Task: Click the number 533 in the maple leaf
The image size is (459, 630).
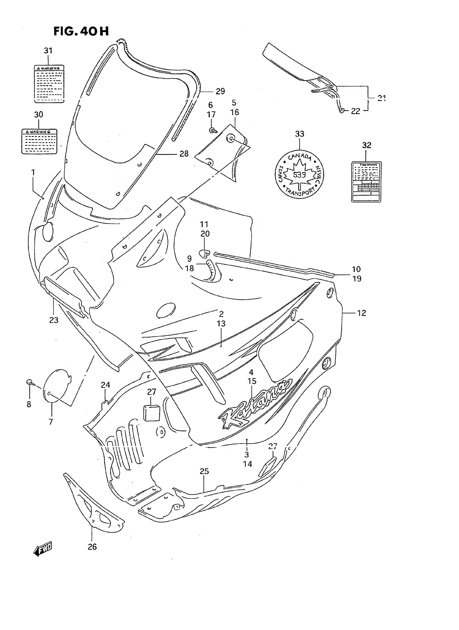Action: (x=299, y=175)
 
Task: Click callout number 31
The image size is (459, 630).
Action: (x=48, y=50)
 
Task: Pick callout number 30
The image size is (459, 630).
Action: (x=38, y=114)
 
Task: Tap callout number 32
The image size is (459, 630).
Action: (x=366, y=145)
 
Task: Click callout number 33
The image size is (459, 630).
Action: (x=299, y=134)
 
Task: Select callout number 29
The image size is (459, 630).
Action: (x=220, y=91)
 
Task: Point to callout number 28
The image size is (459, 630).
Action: (x=184, y=154)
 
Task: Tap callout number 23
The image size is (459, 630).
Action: (x=54, y=320)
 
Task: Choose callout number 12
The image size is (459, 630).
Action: (x=362, y=313)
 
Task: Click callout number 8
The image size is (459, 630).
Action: (x=29, y=404)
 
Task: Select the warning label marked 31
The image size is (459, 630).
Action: (x=49, y=84)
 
